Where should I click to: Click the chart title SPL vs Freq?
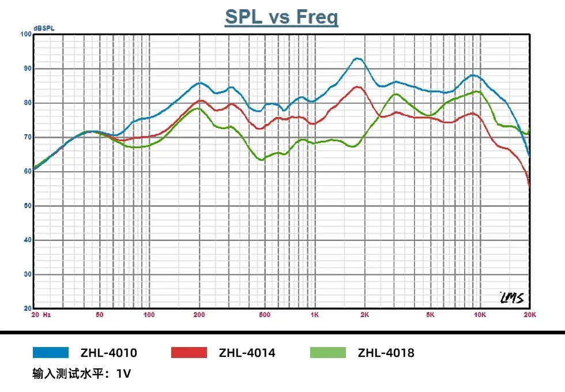pos(281,17)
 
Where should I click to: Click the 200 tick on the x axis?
pos(199,315)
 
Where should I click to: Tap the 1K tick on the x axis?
pos(314,315)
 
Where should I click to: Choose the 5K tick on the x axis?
pos(430,315)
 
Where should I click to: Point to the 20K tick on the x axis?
pos(530,315)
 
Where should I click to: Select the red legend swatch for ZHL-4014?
pos(189,353)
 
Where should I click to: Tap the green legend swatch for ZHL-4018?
pos(328,353)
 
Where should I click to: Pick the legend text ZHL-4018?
pos(386,353)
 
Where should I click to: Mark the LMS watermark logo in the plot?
pos(511,298)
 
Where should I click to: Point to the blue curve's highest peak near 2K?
pos(358,58)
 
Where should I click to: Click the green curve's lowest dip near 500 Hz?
pos(262,160)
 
